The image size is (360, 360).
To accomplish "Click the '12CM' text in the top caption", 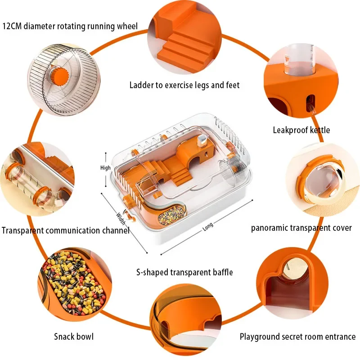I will pyautogui.click(x=13, y=26).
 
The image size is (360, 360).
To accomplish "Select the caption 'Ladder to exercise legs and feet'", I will pyautogui.click(x=184, y=85).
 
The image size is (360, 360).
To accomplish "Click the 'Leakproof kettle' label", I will pyautogui.click(x=301, y=130).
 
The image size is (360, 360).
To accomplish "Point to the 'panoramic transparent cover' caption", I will pyautogui.click(x=301, y=228).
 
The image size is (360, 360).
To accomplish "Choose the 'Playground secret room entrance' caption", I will pyautogui.click(x=297, y=336).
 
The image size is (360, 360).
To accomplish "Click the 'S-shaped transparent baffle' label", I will pyautogui.click(x=184, y=272).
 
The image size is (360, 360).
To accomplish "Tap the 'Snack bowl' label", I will pyautogui.click(x=74, y=336).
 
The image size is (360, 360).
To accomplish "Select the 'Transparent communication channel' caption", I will pyautogui.click(x=65, y=230).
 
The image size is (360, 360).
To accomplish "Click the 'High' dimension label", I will pyautogui.click(x=105, y=168).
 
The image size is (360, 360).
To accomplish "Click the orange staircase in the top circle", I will pyautogui.click(x=184, y=45).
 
